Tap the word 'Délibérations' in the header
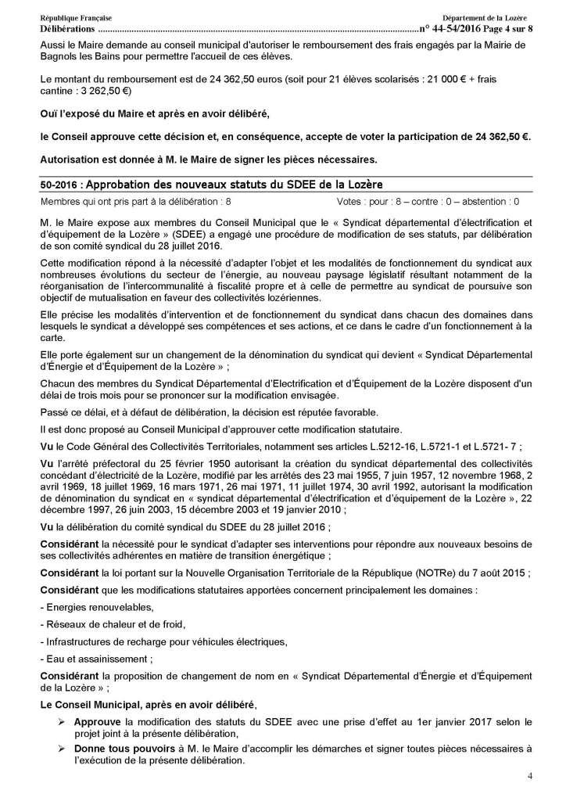click(67, 28)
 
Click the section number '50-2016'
click(58, 184)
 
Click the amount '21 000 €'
click(451, 82)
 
